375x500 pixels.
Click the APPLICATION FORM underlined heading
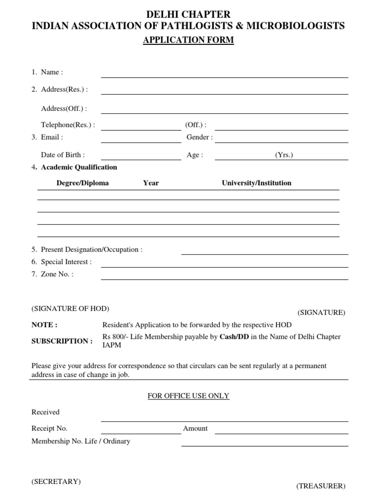coord(188,41)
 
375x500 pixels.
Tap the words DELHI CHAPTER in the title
coord(188,15)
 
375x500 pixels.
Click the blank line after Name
coord(224,75)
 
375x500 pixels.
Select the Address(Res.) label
coord(64,89)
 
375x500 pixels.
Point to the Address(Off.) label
coord(64,108)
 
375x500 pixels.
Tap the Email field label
coord(52,137)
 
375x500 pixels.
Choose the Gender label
coord(199,137)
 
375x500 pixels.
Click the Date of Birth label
coord(62,155)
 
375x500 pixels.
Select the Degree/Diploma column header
coord(83,183)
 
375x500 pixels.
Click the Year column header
coord(151,183)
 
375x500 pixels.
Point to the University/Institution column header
coord(256,183)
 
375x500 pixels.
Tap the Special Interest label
coord(66,262)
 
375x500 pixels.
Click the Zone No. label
coord(57,274)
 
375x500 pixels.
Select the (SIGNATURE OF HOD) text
coord(70,309)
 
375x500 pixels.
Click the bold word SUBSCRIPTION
coord(62,341)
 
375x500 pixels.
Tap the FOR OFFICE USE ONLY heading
coord(188,396)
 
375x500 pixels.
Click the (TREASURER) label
coord(320,486)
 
